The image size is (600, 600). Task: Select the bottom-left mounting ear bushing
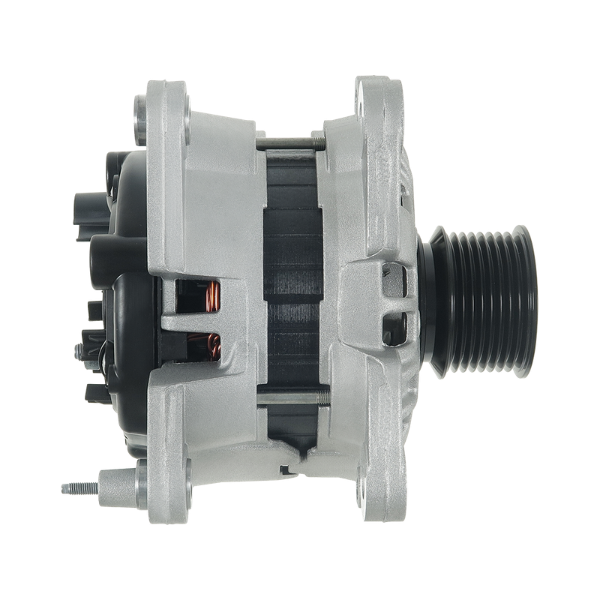tap(141, 473)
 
